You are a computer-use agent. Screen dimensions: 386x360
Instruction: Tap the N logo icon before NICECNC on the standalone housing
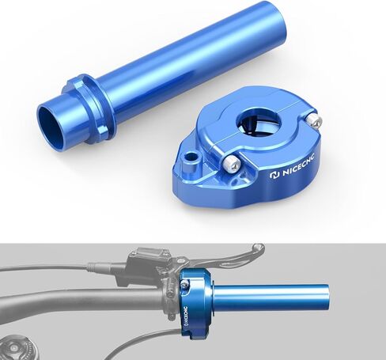point(274,175)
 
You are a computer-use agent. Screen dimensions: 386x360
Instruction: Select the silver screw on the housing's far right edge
point(314,120)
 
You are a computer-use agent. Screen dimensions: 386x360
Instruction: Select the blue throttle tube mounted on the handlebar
point(270,297)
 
